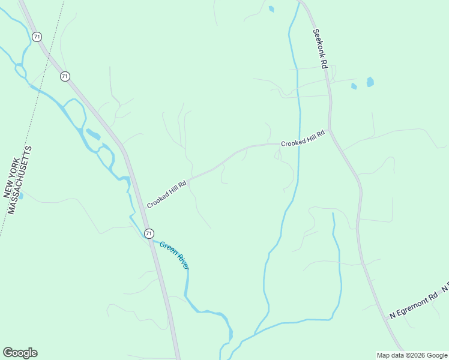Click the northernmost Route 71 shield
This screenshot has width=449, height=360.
coord(37,37)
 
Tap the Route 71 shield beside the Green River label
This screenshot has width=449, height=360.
coord(149,233)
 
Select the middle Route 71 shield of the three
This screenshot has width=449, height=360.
coord(65,76)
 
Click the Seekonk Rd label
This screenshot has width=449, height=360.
coord(319,49)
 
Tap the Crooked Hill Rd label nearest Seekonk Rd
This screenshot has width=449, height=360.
coord(303,139)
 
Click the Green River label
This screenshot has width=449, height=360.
coord(174,254)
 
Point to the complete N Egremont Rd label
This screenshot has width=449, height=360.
coord(414,306)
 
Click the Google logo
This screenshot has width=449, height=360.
coord(20,353)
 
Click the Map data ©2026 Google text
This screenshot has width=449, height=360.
coord(412,355)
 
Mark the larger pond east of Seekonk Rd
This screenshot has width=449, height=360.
coord(370,82)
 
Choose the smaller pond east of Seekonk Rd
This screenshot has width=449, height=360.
coord(354,86)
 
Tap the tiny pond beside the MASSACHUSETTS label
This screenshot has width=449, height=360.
coord(21,196)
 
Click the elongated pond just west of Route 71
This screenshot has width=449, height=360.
coord(93,134)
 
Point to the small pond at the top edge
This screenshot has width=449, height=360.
coord(271,9)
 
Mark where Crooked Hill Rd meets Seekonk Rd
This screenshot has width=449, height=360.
coord(330,130)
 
